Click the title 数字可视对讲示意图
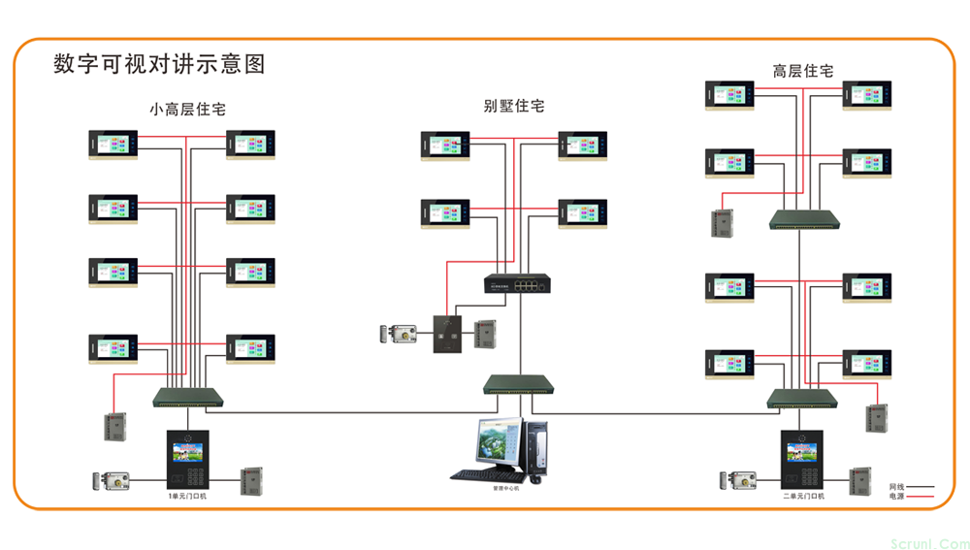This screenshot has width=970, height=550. (159, 65)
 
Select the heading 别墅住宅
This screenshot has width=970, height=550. (513, 106)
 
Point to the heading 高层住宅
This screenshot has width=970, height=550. (802, 71)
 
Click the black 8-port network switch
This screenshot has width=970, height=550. (517, 283)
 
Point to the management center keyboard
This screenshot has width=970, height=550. (488, 476)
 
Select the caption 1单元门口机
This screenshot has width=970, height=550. (187, 496)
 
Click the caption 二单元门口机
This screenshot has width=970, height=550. (803, 496)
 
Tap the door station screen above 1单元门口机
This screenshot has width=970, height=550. (187, 451)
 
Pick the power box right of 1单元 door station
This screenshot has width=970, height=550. (252, 480)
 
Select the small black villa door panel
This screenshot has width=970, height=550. (445, 335)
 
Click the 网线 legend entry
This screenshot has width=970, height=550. (910, 486)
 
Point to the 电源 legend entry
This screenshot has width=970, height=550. (910, 496)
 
